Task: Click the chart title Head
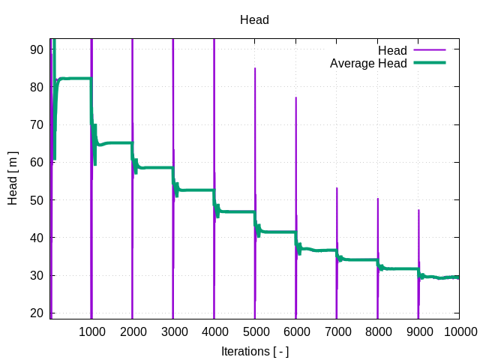[254, 20]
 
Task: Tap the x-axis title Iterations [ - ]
[254, 350]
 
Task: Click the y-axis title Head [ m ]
[13, 176]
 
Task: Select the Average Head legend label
[368, 64]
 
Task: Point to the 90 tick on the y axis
[37, 49]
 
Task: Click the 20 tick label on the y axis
[37, 313]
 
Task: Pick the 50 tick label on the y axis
[37, 200]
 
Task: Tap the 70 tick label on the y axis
[37, 124]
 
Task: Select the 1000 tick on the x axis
[91, 330]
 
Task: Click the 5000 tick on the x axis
[255, 330]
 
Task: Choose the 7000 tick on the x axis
[337, 330]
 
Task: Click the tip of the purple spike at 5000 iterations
[255, 68]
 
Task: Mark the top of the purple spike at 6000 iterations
[295, 97]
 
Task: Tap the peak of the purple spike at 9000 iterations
[418, 210]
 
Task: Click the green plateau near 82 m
[75, 78]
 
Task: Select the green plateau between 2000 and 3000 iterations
[154, 167]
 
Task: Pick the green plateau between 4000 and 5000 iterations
[236, 211]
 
